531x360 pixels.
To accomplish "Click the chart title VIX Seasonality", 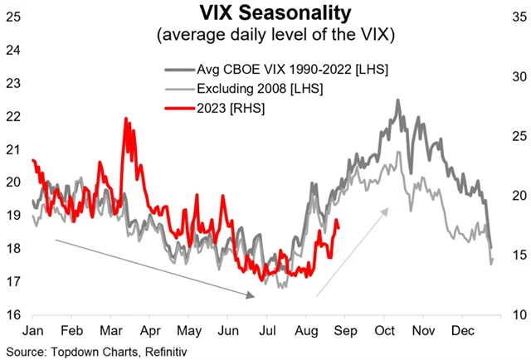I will tap(265, 13).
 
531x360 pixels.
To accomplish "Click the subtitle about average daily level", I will tap(265, 36).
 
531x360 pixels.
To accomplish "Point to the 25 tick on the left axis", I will tap(12, 16).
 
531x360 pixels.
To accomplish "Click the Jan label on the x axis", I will tap(32, 330).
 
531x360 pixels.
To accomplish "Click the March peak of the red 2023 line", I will tap(126, 119).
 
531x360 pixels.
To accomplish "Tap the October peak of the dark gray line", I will tap(398, 100).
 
